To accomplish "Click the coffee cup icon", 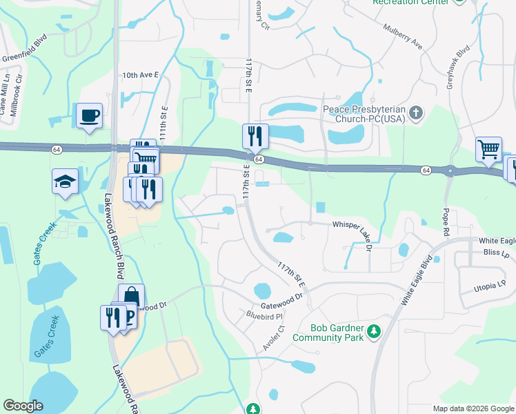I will click(x=90, y=115).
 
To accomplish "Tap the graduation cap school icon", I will click(x=66, y=182).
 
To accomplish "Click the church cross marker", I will click(x=415, y=112).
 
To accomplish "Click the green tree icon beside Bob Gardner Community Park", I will click(x=374, y=332).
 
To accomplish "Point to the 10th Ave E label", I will click(x=140, y=74).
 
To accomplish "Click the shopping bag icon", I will click(x=131, y=296).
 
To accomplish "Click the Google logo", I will click(x=23, y=406).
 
